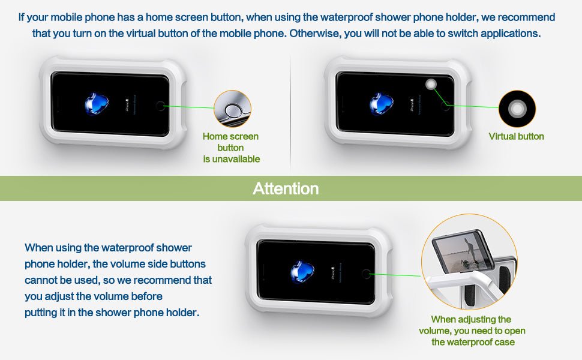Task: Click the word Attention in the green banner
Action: click(286, 188)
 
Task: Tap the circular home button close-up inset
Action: click(232, 109)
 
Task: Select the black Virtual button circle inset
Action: click(517, 109)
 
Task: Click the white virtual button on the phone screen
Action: click(431, 84)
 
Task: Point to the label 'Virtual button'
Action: click(517, 137)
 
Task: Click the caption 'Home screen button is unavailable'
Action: click(231, 148)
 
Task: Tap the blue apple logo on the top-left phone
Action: click(97, 104)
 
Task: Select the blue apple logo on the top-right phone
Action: click(381, 104)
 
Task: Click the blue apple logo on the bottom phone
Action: click(302, 271)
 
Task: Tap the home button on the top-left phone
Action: click(160, 106)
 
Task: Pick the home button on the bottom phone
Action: click(366, 274)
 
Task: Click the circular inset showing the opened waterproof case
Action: click(469, 262)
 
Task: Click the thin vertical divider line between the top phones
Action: click(290, 113)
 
